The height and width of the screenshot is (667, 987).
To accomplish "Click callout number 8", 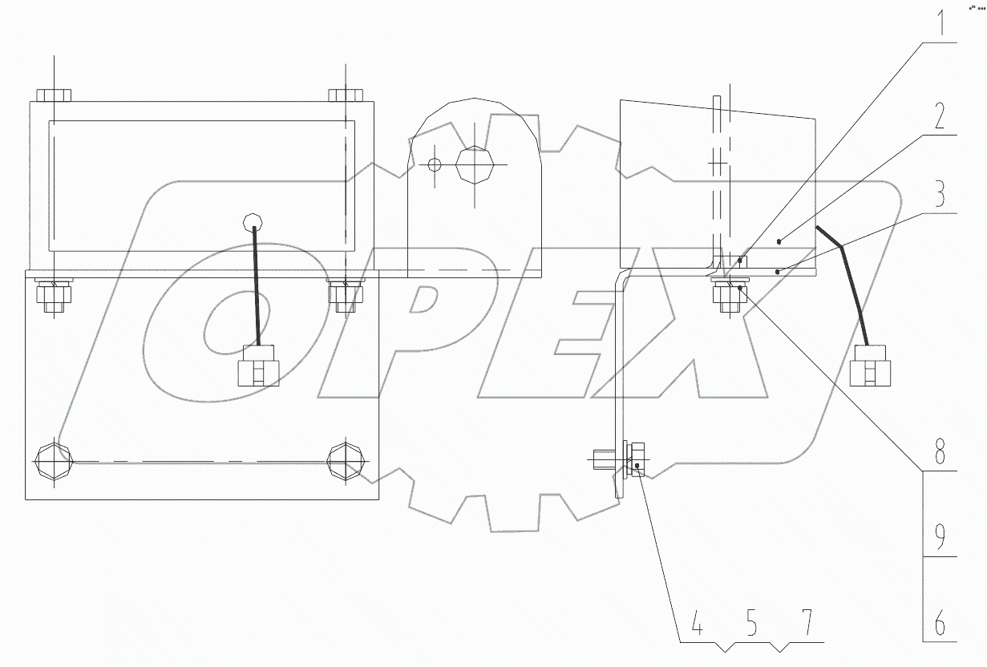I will (940, 454).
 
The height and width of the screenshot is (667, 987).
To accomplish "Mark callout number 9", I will (940, 533).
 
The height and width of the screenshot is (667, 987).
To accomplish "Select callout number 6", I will (940, 622).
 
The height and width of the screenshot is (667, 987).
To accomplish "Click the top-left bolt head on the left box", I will (54, 95).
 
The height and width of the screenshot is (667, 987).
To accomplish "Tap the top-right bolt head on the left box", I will (346, 95).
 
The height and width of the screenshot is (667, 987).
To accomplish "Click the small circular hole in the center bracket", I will (434, 165).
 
